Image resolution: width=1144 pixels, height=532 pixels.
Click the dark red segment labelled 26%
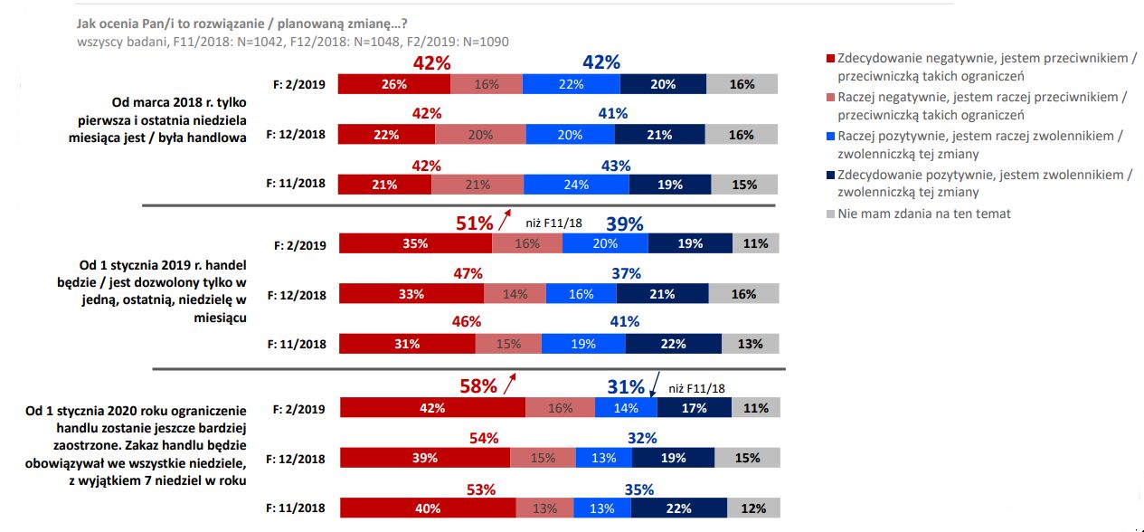coord(394,84)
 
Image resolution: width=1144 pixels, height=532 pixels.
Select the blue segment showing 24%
coord(576,185)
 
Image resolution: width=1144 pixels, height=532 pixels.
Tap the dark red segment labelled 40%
coord(427,509)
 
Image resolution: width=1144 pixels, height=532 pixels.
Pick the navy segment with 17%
coord(695,408)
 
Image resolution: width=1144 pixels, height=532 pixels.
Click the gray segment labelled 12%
coord(753,509)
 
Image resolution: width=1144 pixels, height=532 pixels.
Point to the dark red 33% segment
coord(411,295)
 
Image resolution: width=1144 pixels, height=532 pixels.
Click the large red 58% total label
coord(479,386)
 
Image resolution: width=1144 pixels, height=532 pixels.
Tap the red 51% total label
coord(474,223)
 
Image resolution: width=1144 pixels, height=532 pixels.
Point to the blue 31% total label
coord(626,386)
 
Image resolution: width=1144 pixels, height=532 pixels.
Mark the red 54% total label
coord(483,438)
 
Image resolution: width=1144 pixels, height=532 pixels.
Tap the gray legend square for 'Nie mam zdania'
coord(830,214)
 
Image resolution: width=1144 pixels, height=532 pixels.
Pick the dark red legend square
coord(830,58)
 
